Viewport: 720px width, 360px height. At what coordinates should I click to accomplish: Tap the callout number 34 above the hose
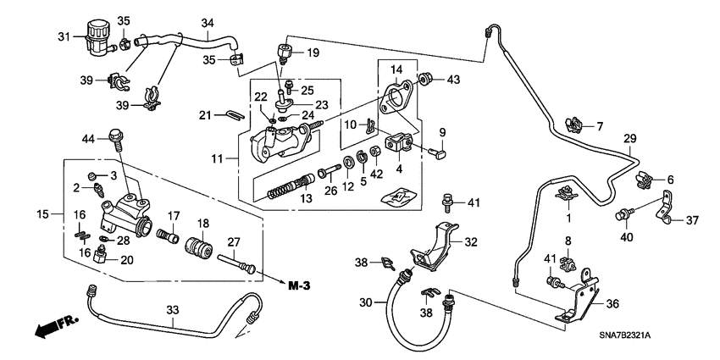pyautogui.click(x=208, y=22)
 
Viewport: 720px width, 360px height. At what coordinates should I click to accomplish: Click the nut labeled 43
pyautogui.click(x=428, y=80)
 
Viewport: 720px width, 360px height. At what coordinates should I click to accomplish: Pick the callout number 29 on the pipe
pyautogui.click(x=629, y=138)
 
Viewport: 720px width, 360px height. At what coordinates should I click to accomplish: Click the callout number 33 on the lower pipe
pyautogui.click(x=172, y=312)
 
